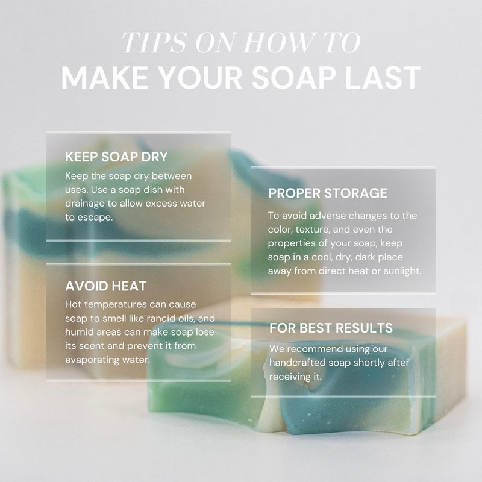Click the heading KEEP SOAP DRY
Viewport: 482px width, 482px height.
click(x=116, y=157)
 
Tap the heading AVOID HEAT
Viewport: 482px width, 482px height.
click(x=106, y=286)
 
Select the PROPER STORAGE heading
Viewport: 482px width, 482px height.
click(x=328, y=193)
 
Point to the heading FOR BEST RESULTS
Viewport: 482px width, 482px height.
click(x=331, y=328)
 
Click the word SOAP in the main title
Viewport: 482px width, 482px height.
click(x=293, y=77)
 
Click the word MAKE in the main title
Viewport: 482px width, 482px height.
click(x=105, y=77)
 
